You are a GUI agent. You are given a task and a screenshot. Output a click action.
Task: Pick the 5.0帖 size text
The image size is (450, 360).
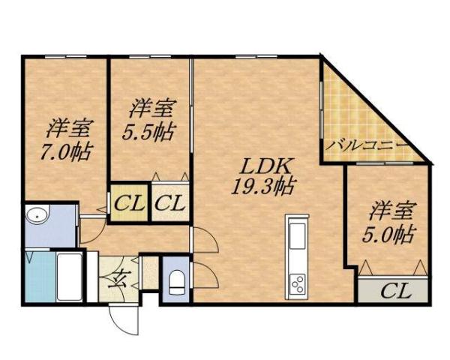point(390,234)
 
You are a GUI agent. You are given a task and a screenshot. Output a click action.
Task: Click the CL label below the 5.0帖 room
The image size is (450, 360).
point(395,290)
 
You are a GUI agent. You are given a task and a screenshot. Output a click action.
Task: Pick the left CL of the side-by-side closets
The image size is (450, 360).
point(128,202)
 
